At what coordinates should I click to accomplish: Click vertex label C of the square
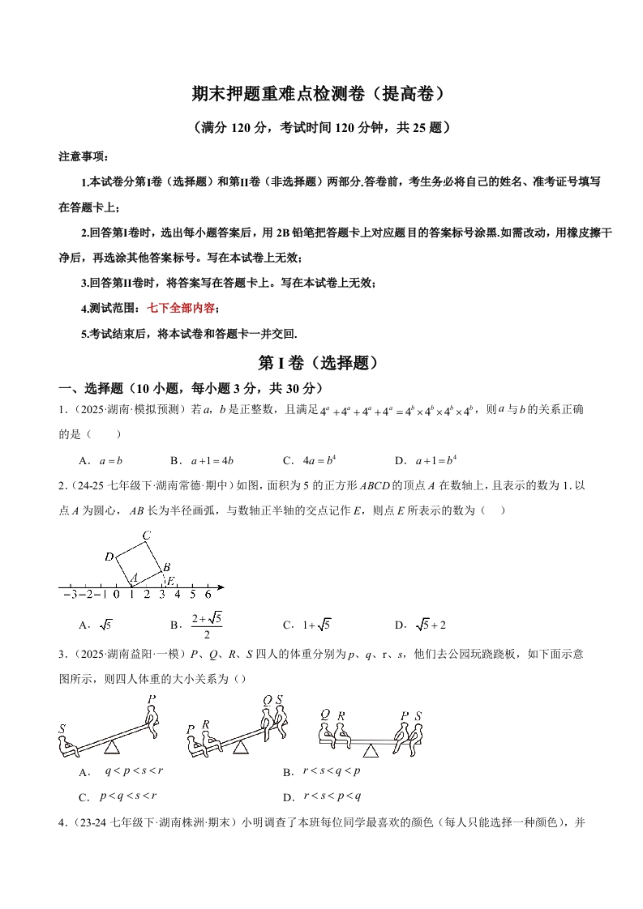[146, 536]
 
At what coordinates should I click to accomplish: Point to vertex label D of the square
[109, 557]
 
